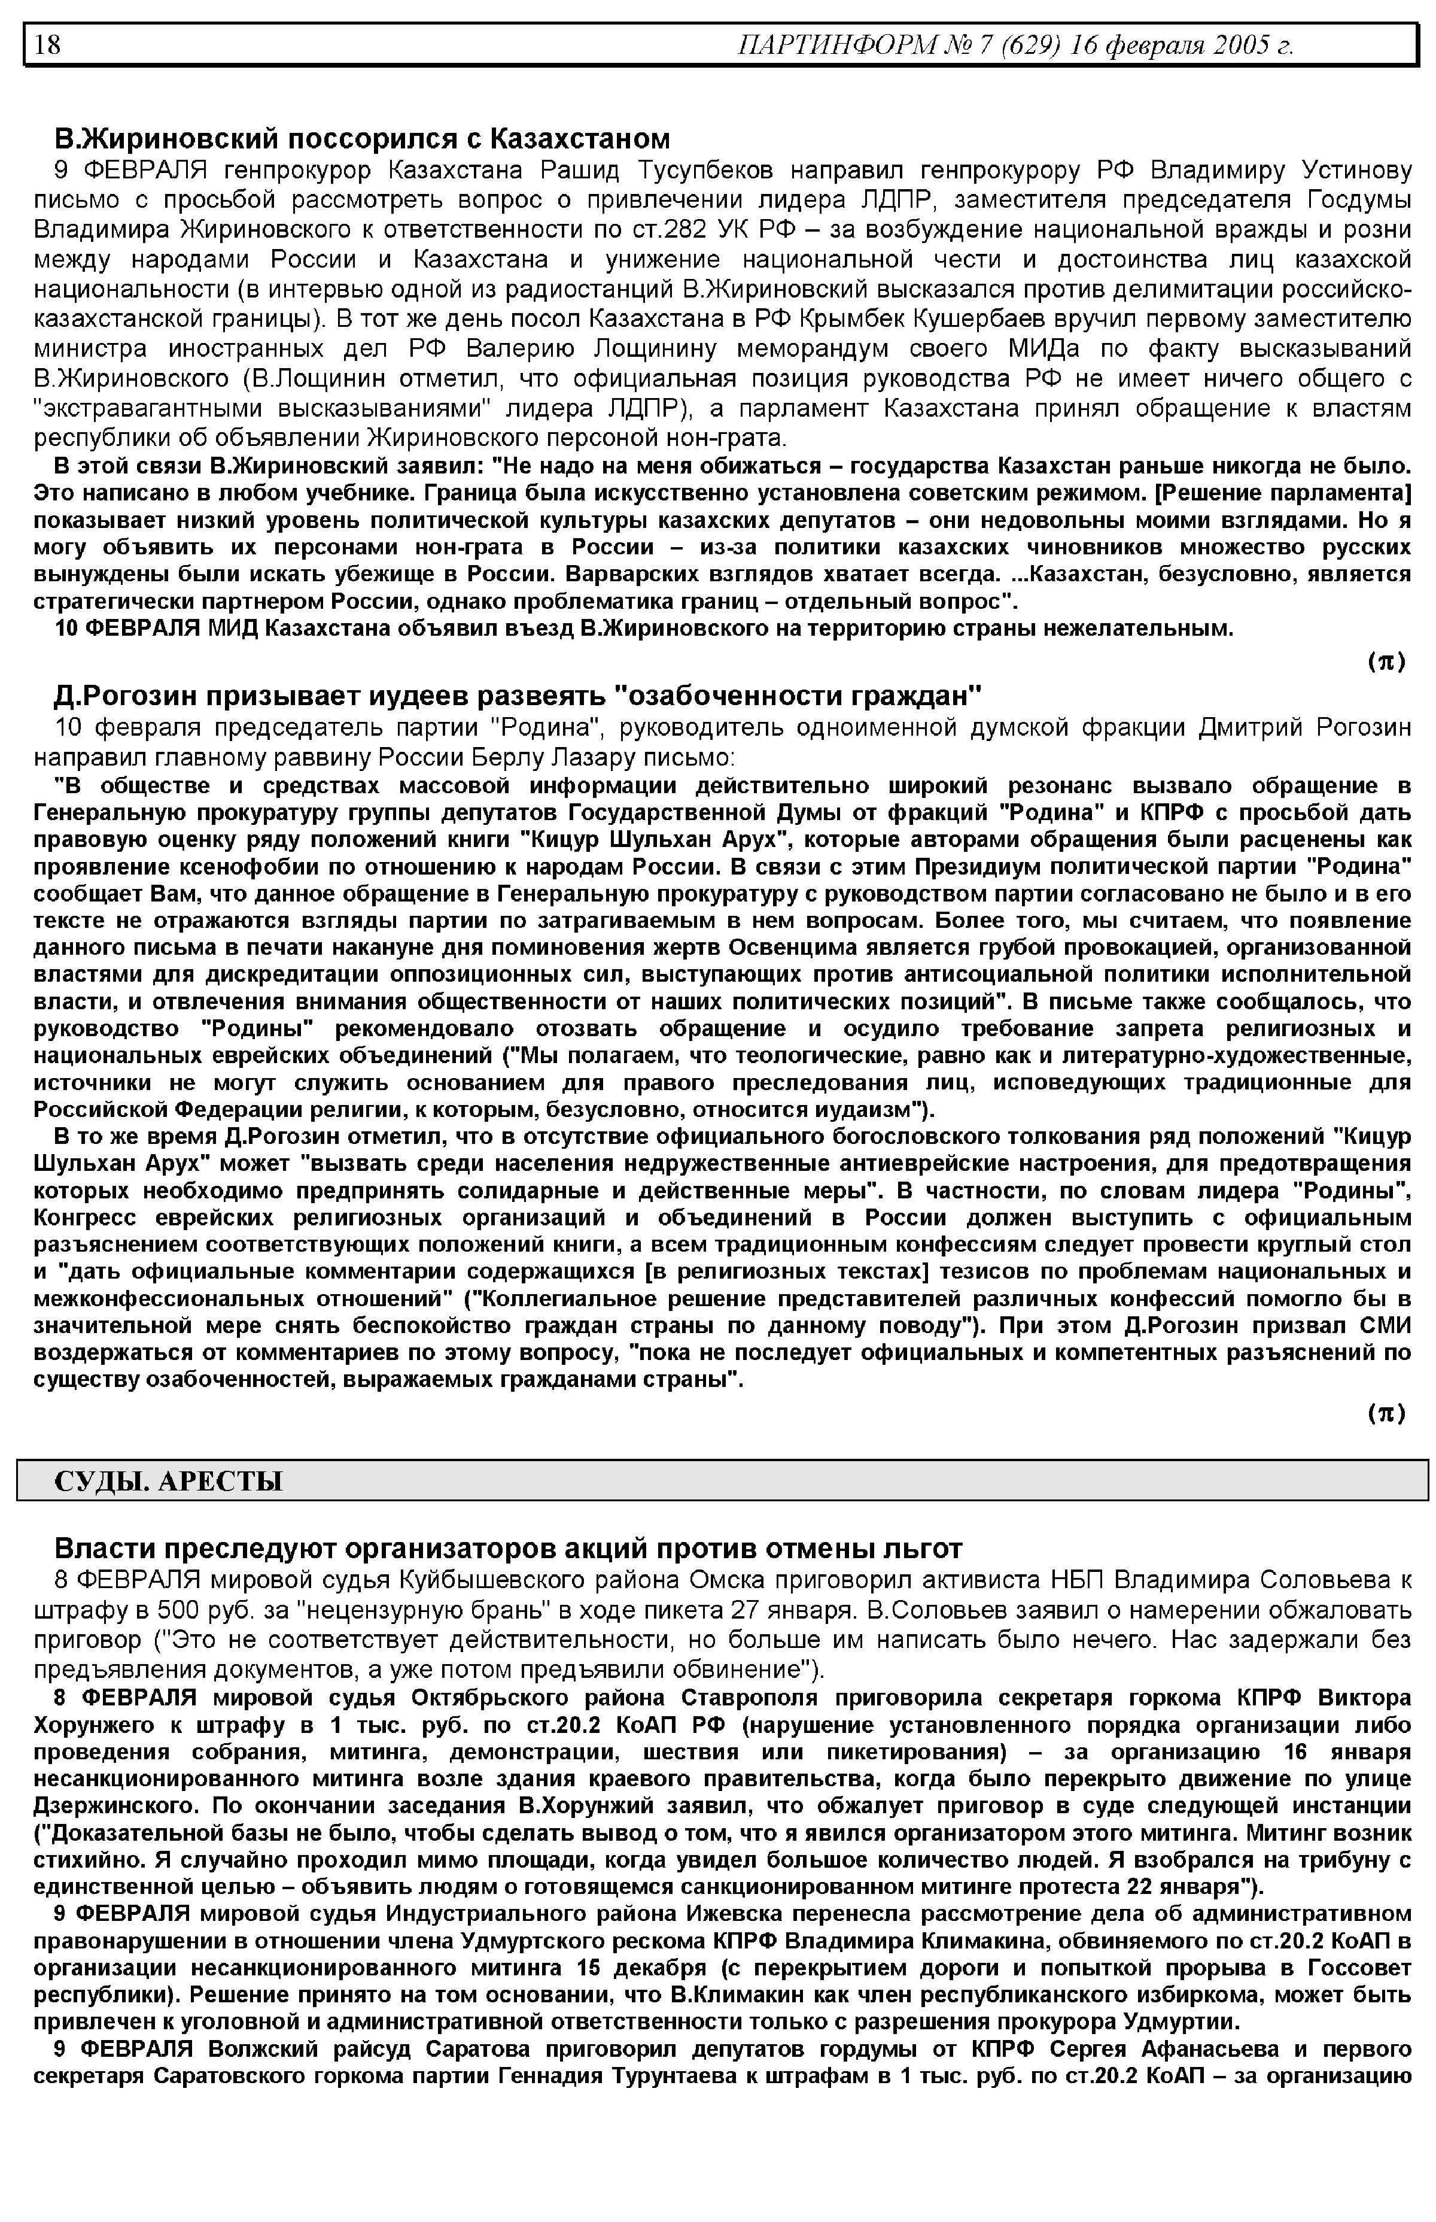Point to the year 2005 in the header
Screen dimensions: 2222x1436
tap(1242, 45)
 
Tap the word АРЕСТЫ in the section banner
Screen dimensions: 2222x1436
tap(220, 1482)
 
